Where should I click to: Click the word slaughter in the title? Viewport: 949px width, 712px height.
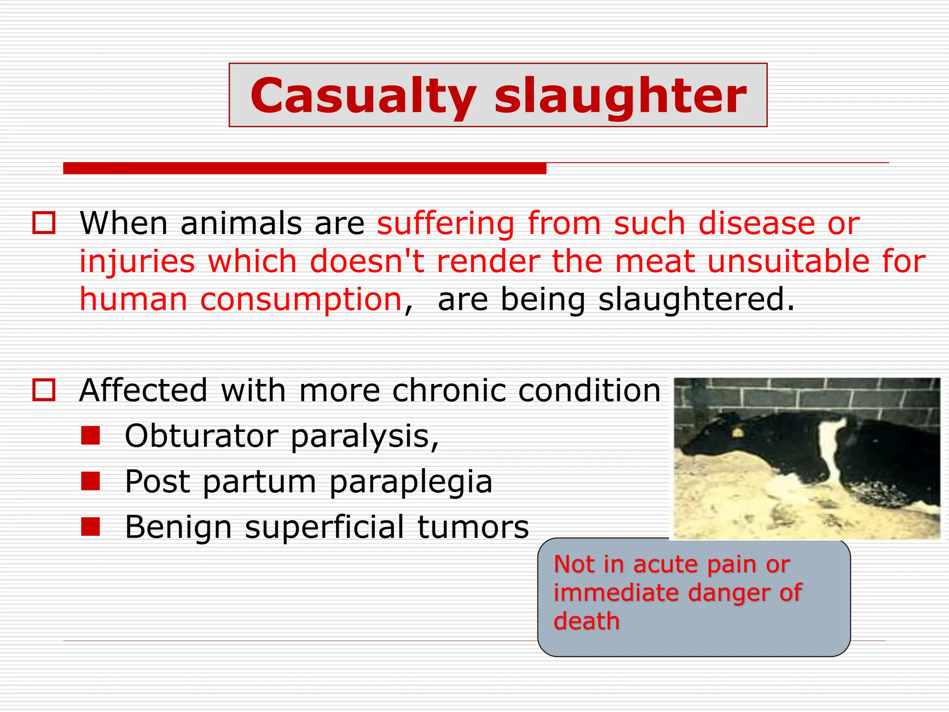[620, 96]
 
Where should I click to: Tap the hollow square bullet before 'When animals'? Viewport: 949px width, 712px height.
[44, 223]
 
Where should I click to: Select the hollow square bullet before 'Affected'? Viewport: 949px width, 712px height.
[44, 390]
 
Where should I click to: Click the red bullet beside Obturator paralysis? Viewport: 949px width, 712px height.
[90, 436]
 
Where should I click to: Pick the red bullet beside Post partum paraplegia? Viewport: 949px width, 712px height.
[90, 481]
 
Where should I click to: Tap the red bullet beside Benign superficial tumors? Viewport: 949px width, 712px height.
[90, 527]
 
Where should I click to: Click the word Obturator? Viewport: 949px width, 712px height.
[201, 436]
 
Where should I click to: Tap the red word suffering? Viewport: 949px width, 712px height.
[445, 223]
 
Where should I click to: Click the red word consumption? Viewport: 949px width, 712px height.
[301, 300]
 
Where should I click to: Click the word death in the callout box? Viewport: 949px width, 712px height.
[586, 621]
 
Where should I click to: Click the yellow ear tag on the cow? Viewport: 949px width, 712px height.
[736, 432]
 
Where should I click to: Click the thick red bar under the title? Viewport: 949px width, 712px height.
[304, 168]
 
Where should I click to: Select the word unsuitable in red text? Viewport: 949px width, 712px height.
[788, 261]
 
